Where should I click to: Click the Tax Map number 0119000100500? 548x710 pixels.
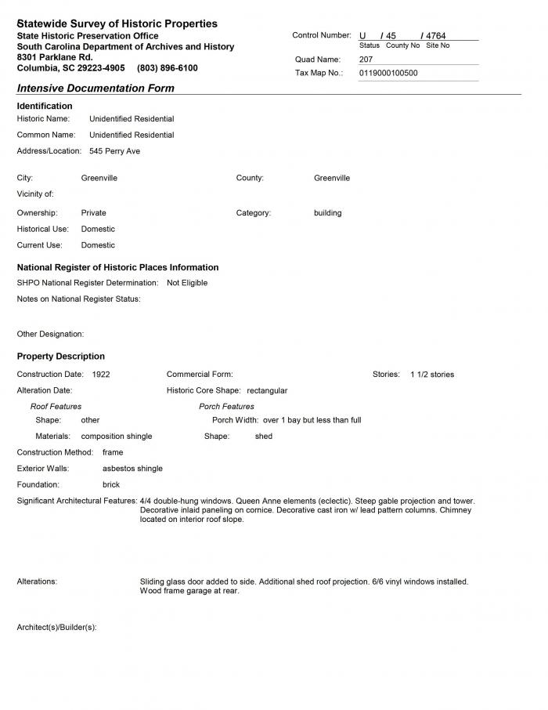[x=388, y=73]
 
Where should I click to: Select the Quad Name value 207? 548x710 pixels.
[x=366, y=60]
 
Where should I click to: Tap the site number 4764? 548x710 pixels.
[x=436, y=36]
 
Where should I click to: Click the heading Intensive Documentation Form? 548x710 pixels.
[x=96, y=89]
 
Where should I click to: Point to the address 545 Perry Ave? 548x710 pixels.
[x=114, y=151]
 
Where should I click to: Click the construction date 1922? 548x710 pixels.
[x=101, y=375]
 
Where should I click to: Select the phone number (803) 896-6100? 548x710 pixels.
[x=167, y=68]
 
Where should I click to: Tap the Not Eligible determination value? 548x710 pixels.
[x=187, y=283]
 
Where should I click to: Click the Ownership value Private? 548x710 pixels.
[x=93, y=213]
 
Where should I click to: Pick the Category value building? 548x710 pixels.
[x=328, y=213]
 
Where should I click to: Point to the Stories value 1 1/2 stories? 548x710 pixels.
[x=432, y=375]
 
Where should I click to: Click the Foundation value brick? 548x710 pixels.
[x=111, y=485]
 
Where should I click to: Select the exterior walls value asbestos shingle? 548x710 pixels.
[x=132, y=469]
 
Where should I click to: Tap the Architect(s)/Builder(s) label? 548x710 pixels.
[x=56, y=628]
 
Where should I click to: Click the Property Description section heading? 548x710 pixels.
[x=61, y=357]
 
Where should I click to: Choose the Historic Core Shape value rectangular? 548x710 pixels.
[x=267, y=390]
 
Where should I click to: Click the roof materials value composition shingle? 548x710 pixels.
[x=117, y=437]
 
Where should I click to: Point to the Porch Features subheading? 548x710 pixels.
[x=226, y=407]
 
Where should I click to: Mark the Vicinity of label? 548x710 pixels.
[x=35, y=194]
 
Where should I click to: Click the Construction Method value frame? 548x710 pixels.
[x=113, y=452]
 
